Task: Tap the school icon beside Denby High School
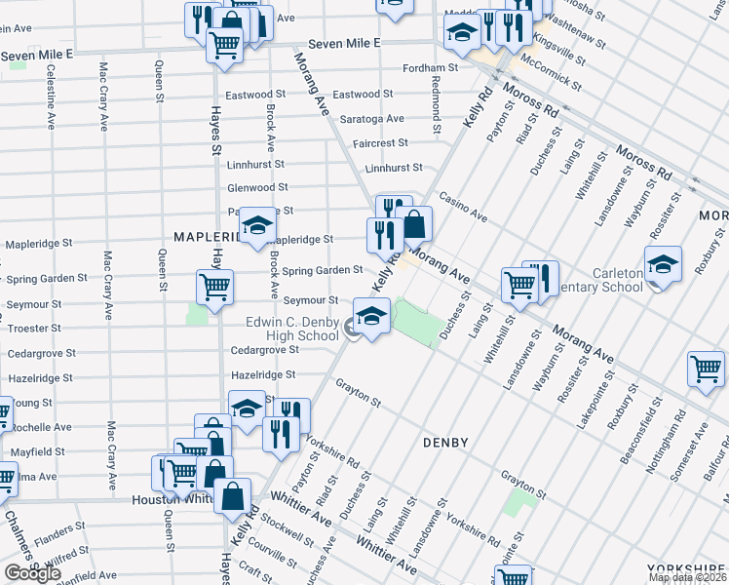point(371,317)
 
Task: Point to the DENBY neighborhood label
point(445,443)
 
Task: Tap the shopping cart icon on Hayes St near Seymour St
point(214,289)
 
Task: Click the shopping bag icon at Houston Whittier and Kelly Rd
point(233,496)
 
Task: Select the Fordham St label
point(432,68)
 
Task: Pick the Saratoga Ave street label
point(371,119)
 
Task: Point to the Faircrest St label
point(380,142)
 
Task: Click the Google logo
point(32,573)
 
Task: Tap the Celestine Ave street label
point(50,97)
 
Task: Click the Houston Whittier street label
point(172,499)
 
